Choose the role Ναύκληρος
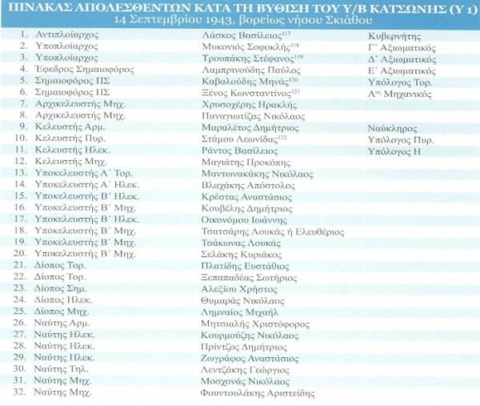390,128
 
